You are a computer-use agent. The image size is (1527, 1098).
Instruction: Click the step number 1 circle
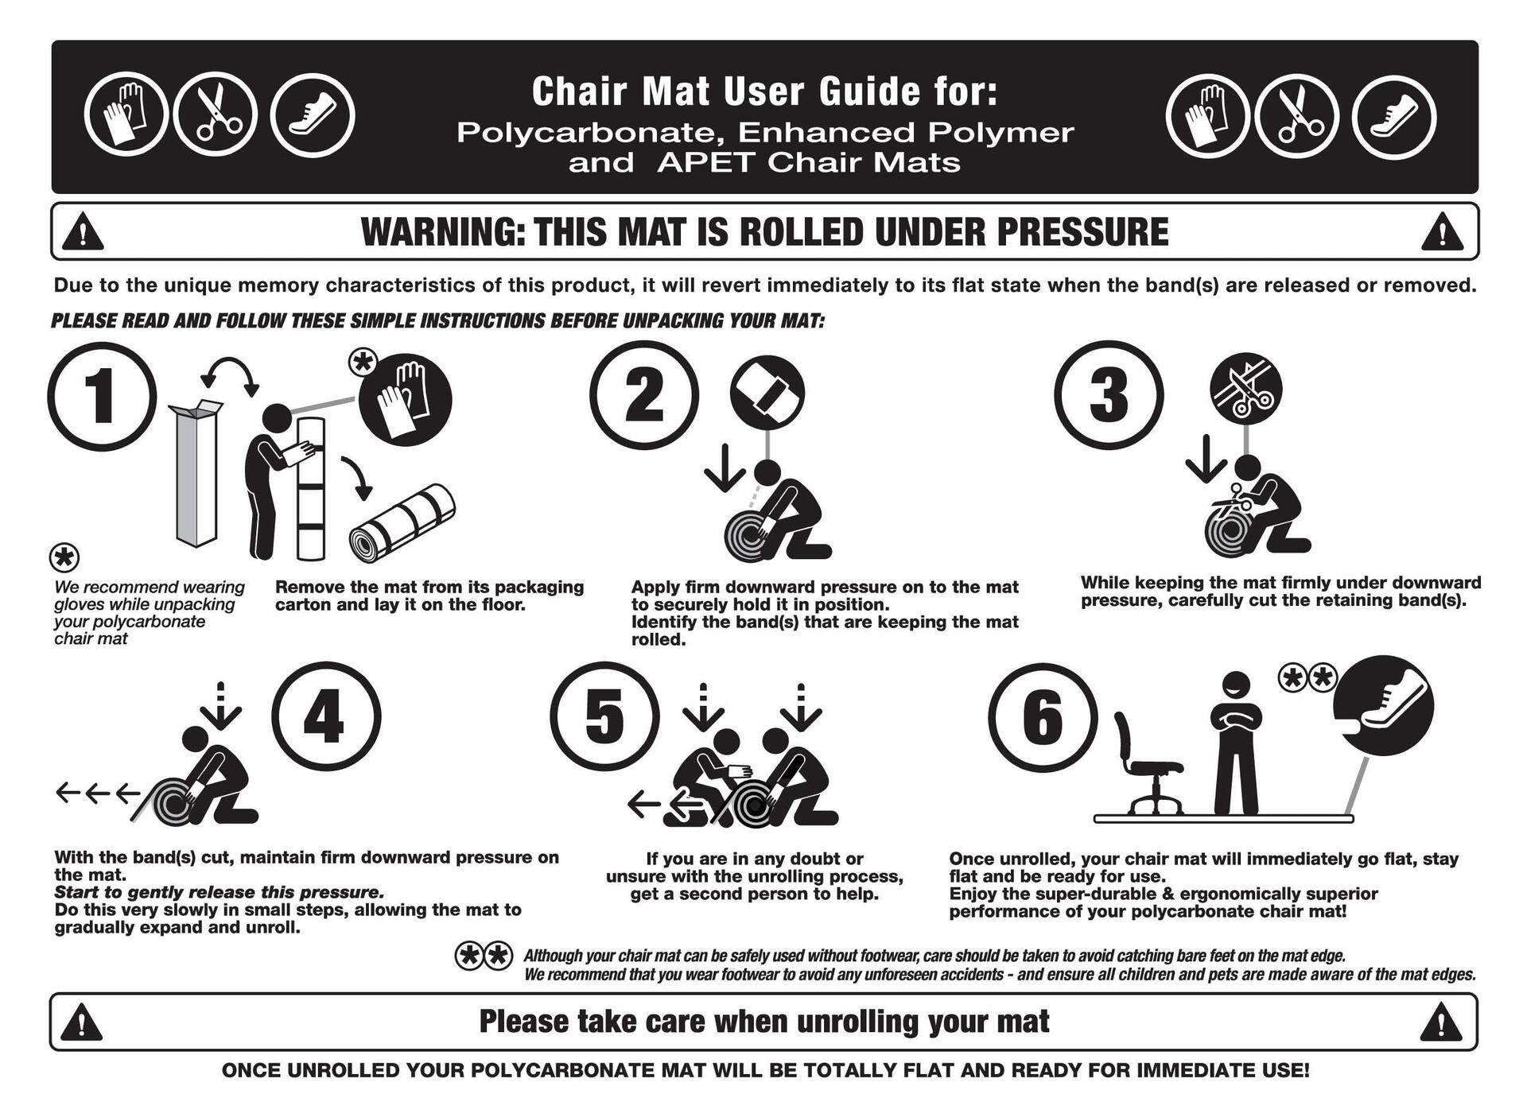click(x=102, y=396)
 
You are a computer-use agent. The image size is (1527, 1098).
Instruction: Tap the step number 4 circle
click(x=326, y=716)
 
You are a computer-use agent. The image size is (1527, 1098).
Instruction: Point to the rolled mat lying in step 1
click(x=402, y=523)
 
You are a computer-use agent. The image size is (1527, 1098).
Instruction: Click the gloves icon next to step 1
click(x=405, y=399)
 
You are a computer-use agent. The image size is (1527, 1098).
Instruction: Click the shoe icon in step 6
click(x=1384, y=704)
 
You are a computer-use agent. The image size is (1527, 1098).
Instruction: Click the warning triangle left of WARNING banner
click(x=83, y=234)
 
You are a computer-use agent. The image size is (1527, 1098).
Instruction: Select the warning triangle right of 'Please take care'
click(x=1440, y=1022)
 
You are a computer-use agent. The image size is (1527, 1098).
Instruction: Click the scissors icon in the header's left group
click(x=216, y=115)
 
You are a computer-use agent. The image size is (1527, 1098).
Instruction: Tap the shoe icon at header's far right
click(x=1393, y=117)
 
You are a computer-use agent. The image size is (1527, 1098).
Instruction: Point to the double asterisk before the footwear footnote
click(x=484, y=956)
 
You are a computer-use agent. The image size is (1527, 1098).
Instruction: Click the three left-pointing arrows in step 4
click(x=97, y=793)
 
